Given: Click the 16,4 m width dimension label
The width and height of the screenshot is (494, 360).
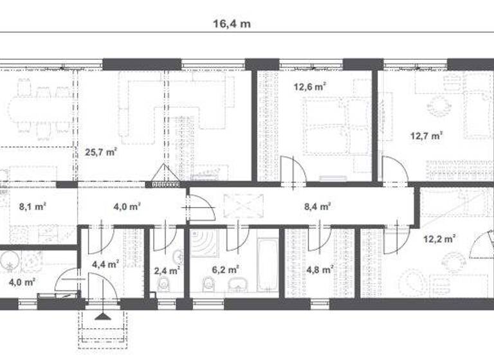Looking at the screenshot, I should pos(232,24).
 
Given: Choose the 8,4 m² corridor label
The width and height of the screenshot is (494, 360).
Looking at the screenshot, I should pos(317,206).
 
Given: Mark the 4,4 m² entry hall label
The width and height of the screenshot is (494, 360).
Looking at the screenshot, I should pos(105,264).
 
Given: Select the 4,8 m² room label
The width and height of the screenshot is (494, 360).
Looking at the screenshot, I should pos(320,270).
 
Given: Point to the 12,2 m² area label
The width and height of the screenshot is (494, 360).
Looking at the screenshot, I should pos(439,239).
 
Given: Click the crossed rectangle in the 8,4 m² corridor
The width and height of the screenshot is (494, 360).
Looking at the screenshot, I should pos(239,206).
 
